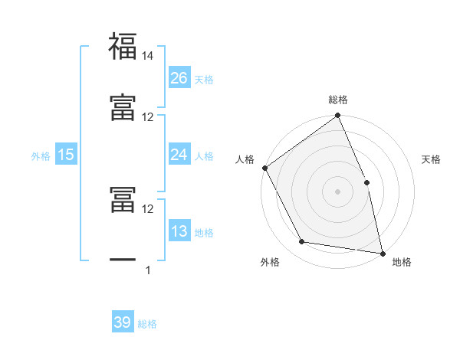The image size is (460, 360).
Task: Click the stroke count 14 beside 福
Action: (x=148, y=56)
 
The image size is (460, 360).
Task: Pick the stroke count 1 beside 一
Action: (x=148, y=270)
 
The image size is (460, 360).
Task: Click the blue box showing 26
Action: (x=179, y=77)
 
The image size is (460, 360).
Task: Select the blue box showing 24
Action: (x=179, y=155)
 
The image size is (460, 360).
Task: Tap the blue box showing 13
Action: (x=179, y=231)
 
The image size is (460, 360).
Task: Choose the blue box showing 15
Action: (x=66, y=155)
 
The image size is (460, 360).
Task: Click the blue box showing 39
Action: (x=123, y=322)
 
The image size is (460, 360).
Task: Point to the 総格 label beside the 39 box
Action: (x=148, y=324)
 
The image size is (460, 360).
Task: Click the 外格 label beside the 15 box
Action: (x=41, y=156)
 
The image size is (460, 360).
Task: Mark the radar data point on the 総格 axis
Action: (x=337, y=116)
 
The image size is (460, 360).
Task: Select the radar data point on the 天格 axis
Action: (x=366, y=182)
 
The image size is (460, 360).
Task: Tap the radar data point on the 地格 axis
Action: (x=382, y=253)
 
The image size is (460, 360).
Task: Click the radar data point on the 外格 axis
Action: (x=302, y=242)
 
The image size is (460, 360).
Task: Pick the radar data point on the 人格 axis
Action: (x=265, y=168)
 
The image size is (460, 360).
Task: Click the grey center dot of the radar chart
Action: (x=337, y=191)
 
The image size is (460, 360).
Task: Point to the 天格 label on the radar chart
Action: (x=432, y=159)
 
